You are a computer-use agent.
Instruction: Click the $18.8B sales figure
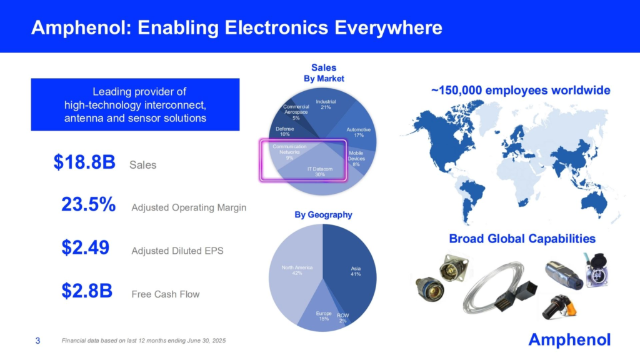84,163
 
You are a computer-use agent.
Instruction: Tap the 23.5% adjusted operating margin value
88,205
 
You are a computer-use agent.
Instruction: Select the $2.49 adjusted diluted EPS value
86,248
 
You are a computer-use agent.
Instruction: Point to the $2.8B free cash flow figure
87,291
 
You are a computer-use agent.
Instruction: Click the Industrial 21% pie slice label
326,104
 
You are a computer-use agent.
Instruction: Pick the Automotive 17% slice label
358,132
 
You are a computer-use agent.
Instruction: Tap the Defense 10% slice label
285,131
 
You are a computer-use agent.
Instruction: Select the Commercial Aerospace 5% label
296,112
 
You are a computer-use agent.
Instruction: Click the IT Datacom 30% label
320,172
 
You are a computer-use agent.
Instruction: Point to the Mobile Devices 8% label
356,158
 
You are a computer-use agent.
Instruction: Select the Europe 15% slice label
324,316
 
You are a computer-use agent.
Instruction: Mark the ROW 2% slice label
342,317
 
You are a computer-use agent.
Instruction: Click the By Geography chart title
323,214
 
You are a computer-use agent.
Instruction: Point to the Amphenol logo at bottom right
569,339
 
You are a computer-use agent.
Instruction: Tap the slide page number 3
37,341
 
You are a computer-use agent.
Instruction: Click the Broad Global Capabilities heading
522,238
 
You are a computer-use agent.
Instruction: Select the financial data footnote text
144,341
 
